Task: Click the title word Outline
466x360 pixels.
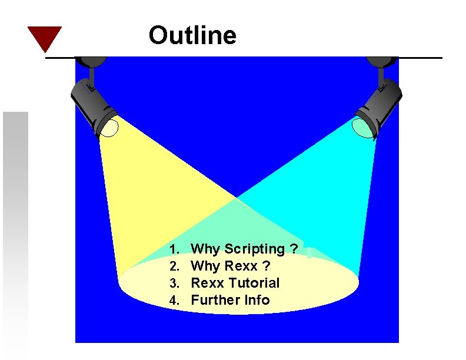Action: (x=192, y=35)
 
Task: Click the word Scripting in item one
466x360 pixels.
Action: (x=255, y=249)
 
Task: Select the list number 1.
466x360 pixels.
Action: (x=174, y=250)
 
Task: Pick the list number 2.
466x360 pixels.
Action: (x=174, y=266)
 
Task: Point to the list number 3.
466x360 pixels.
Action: (x=174, y=284)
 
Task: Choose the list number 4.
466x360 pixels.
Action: (x=174, y=301)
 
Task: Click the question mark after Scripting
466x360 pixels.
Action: (x=293, y=249)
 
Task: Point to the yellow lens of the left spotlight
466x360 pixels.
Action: (x=109, y=126)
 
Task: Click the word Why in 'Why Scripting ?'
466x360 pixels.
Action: (x=205, y=249)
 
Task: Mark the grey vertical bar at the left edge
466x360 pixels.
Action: (x=15, y=235)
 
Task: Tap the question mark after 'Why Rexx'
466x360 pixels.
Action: (x=267, y=266)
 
